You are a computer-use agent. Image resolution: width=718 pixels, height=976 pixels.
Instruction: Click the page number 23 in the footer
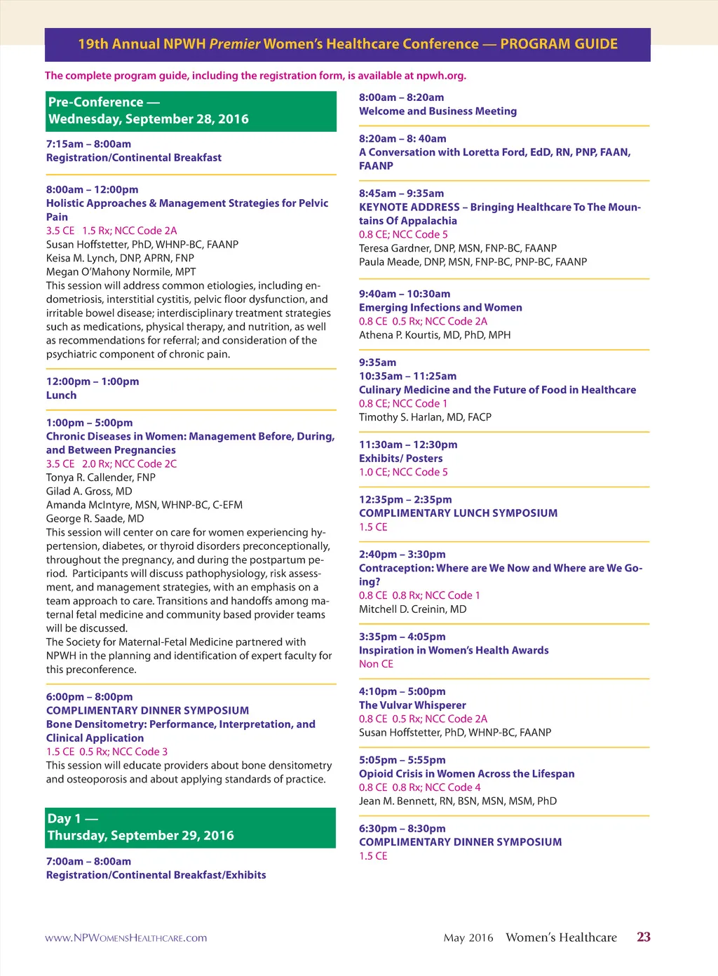(643, 937)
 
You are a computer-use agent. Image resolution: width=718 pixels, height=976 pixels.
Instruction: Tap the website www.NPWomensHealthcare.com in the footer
(126, 938)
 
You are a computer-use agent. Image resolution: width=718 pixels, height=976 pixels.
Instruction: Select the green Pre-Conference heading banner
(191, 111)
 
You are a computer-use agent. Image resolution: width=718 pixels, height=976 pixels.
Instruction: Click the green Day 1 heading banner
(191, 827)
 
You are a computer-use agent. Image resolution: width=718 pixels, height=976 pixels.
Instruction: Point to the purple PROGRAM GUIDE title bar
(348, 44)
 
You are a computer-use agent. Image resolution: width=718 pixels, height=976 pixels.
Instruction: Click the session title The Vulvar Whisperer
(412, 705)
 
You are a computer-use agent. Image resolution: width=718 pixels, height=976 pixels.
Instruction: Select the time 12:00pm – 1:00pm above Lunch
(93, 381)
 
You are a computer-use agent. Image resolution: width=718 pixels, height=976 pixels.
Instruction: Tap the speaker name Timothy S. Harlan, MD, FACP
(425, 417)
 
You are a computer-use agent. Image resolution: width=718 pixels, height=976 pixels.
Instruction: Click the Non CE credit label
(376, 664)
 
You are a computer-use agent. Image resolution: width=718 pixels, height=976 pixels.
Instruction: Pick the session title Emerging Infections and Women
(440, 308)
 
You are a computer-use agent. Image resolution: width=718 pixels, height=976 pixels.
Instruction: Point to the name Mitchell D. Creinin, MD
(412, 609)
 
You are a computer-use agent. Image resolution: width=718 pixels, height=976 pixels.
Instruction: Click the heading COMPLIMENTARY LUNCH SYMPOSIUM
(458, 513)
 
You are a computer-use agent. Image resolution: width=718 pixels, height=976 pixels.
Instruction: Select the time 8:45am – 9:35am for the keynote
(401, 194)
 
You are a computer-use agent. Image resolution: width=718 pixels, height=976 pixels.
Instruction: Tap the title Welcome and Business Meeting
(438, 111)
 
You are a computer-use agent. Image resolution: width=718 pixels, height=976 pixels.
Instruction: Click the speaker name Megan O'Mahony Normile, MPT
(121, 272)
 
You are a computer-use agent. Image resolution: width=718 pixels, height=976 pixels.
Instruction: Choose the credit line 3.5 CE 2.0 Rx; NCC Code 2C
(111, 464)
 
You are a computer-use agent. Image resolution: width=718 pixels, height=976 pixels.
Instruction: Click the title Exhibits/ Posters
(400, 459)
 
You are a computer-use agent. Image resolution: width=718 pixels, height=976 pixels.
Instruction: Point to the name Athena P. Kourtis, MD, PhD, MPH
(435, 335)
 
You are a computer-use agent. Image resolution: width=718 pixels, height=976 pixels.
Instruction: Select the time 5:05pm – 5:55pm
(402, 760)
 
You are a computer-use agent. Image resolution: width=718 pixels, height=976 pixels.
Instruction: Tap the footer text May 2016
(468, 938)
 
